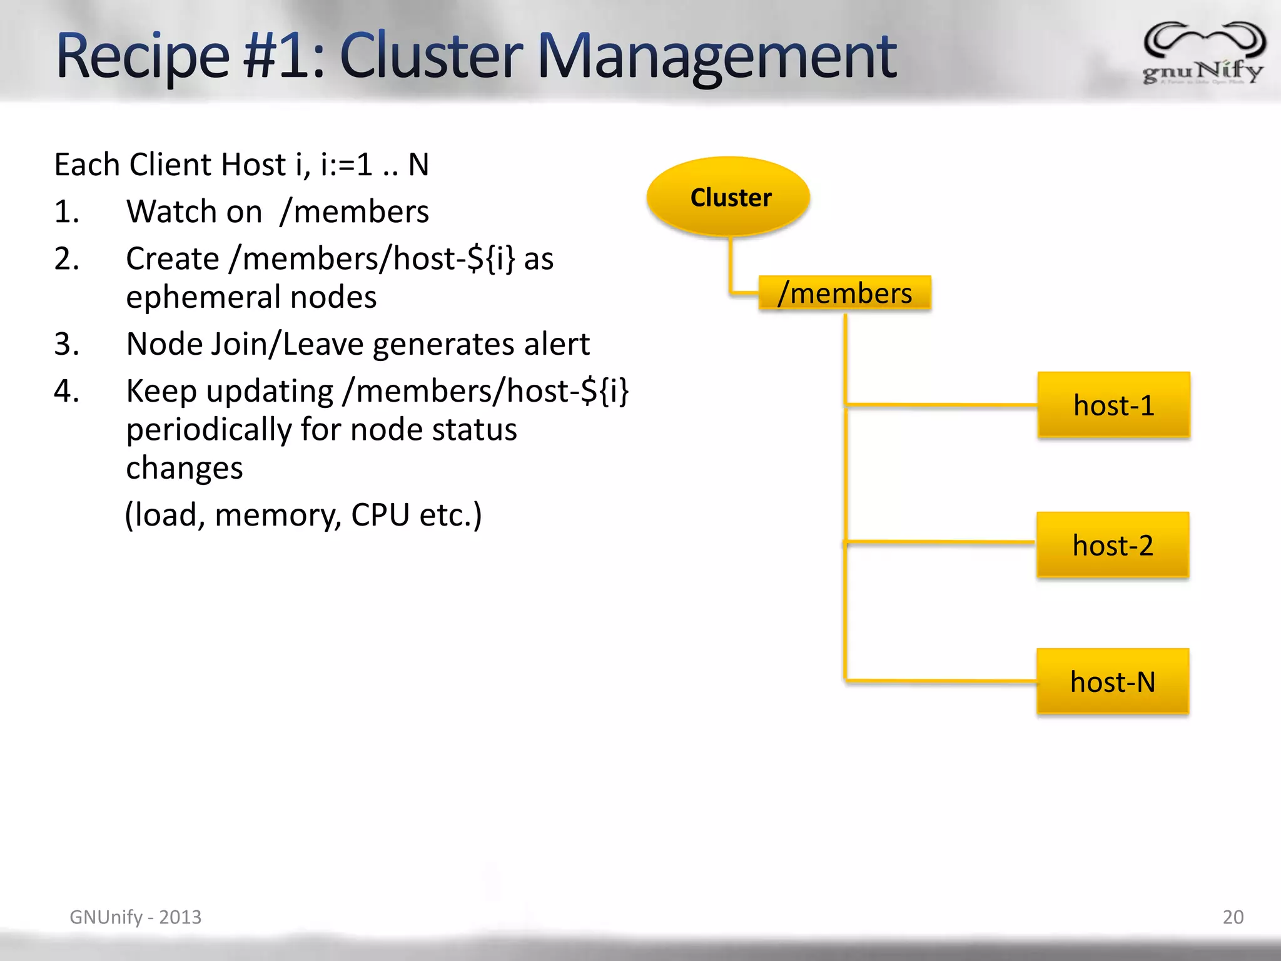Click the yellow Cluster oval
[x=729, y=196]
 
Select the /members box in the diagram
[x=844, y=293]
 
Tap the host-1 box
[x=1113, y=405]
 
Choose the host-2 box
[x=1112, y=545]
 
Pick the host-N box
[x=1112, y=681]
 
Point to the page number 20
[x=1233, y=917]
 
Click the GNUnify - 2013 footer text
[x=135, y=917]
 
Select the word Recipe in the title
[x=143, y=58]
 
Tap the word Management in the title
[x=717, y=58]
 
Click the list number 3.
[x=67, y=344]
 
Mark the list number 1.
[x=67, y=211]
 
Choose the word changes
[x=184, y=468]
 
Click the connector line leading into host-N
[x=938, y=680]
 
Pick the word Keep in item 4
[x=161, y=392]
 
